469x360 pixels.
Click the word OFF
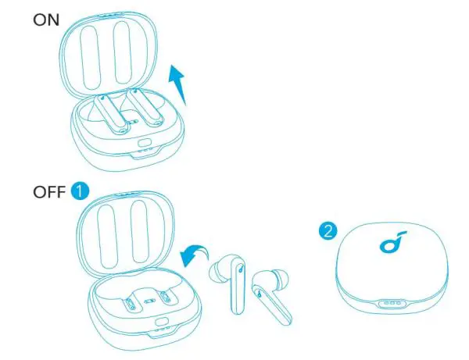coord(50,191)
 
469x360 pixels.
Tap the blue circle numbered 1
coord(81,191)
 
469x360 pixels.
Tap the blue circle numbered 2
coord(328,230)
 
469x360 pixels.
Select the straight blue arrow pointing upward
coord(179,84)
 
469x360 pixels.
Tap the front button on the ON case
coord(145,144)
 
